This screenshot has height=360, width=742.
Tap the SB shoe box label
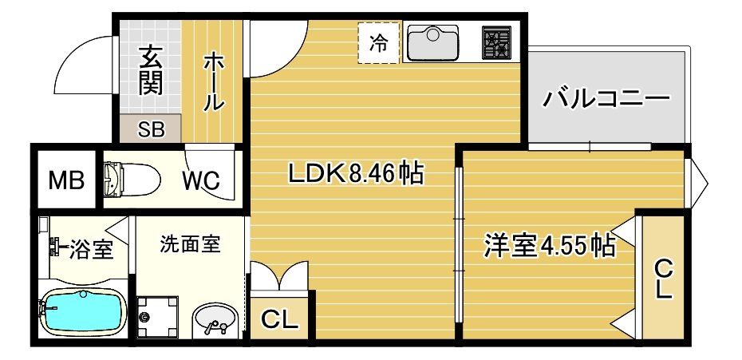[151, 129]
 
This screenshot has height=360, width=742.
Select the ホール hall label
[214, 81]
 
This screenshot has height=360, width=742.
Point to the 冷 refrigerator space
[379, 45]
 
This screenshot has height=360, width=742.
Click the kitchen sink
[432, 44]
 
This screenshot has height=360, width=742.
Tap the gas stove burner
[496, 44]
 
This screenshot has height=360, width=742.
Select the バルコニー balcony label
[606, 101]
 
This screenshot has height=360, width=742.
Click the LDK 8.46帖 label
[355, 172]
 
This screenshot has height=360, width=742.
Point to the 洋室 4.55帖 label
[550, 245]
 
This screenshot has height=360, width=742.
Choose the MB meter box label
[66, 180]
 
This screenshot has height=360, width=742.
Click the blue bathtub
[81, 312]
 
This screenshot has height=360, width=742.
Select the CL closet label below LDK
[280, 321]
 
